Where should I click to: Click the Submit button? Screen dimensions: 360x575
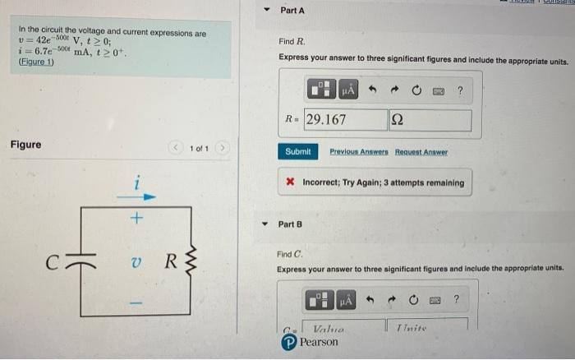(297, 152)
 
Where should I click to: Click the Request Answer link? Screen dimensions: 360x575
(422, 152)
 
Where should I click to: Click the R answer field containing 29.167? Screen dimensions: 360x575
(344, 120)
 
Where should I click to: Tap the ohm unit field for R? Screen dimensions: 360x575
(430, 120)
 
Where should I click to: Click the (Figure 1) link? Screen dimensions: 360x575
(35, 62)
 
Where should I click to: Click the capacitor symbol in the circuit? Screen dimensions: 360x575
(80, 264)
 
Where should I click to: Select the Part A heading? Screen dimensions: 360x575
(292, 11)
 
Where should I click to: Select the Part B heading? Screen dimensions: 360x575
(291, 224)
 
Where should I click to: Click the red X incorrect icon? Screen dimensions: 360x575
(291, 182)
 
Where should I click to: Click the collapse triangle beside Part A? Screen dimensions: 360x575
(266, 12)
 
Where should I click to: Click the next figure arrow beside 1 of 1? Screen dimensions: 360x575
(223, 149)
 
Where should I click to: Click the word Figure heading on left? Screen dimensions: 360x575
(26, 145)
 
